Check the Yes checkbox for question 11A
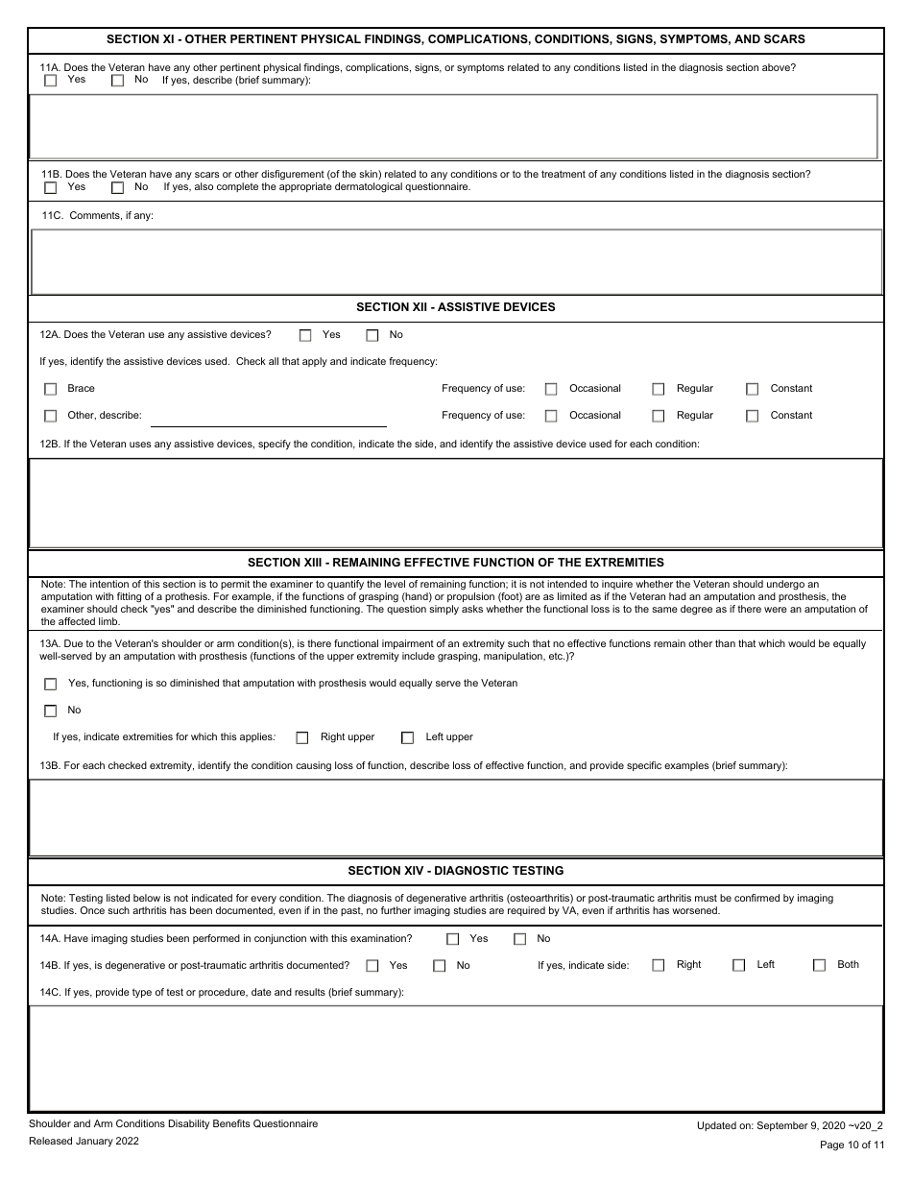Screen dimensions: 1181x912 pyautogui.click(x=51, y=82)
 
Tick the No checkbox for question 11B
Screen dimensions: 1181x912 pyautogui.click(x=118, y=188)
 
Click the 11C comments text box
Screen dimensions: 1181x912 pyautogui.click(x=456, y=261)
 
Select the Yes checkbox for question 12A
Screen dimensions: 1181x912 pyautogui.click(x=305, y=336)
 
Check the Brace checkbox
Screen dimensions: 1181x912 pyautogui.click(x=51, y=390)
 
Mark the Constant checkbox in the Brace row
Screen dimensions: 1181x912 pyautogui.click(x=753, y=390)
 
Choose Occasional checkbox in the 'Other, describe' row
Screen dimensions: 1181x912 pyautogui.click(x=551, y=417)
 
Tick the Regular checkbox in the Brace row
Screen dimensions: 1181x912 pyautogui.click(x=659, y=390)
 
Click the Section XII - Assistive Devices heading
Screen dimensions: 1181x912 pyautogui.click(x=456, y=307)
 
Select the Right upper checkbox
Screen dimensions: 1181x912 pyautogui.click(x=302, y=738)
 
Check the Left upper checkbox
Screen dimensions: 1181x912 pyautogui.click(x=407, y=738)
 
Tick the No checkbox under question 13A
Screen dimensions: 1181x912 pyautogui.click(x=51, y=711)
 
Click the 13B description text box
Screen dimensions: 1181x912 pyautogui.click(x=456, y=817)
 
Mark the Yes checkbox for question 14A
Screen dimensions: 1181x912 pyautogui.click(x=452, y=940)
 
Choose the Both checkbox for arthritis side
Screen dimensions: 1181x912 pyautogui.click(x=819, y=966)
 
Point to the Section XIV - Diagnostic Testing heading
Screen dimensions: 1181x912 pyautogui.click(x=456, y=871)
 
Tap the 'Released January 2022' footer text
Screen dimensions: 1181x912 pyautogui.click(x=84, y=1141)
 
